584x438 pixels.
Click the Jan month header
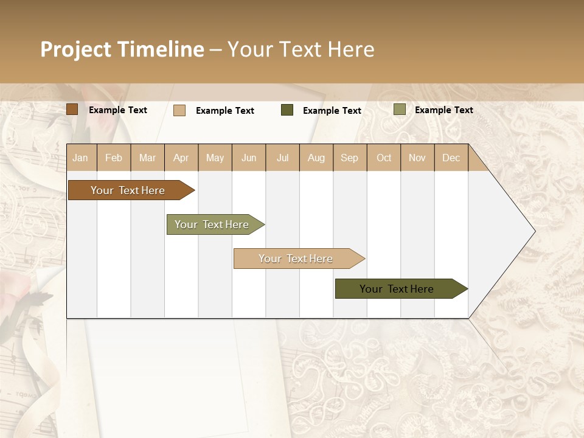[81, 158]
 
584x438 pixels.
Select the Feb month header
[114, 158]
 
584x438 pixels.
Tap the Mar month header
[147, 158]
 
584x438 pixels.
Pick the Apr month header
[181, 158]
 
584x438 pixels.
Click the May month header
[215, 158]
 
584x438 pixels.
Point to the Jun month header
[249, 158]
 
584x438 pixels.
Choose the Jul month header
[282, 158]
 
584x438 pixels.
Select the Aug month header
[316, 158]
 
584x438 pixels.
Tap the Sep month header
[350, 158]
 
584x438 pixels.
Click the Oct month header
[384, 158]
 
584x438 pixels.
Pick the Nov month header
[417, 158]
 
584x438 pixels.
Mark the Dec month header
[451, 158]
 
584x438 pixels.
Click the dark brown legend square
[72, 109]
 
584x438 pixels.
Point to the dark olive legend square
[287, 110]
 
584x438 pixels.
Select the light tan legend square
[179, 110]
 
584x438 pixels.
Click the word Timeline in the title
[161, 49]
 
